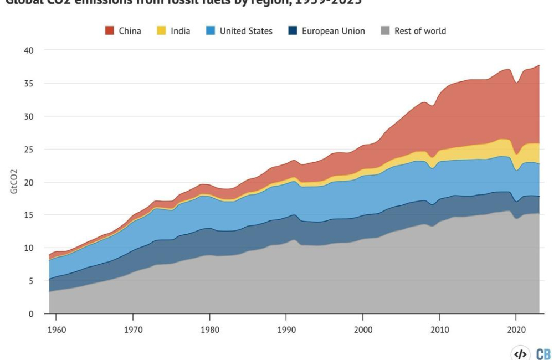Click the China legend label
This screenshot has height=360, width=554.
tap(130, 31)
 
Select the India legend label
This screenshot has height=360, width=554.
tap(180, 31)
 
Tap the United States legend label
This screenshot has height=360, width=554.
tap(246, 31)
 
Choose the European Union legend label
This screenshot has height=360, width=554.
tap(333, 31)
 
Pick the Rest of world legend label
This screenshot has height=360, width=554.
tap(420, 31)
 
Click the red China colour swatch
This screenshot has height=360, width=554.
tap(110, 31)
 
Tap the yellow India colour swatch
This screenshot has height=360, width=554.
tap(161, 31)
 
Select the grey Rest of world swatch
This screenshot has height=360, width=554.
tap(385, 31)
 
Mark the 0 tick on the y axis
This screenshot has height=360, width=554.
tap(32, 313)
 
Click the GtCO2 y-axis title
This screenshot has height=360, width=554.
tap(13, 182)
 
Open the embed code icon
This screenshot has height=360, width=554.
tap(520, 354)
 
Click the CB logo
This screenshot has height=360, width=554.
tap(543, 354)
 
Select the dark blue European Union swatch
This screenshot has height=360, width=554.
tap(293, 31)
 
